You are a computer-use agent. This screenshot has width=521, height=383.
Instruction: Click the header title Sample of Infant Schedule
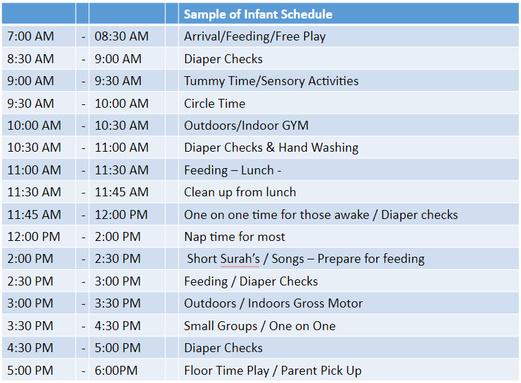[258, 14]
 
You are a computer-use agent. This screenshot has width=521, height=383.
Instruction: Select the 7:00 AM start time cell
[31, 36]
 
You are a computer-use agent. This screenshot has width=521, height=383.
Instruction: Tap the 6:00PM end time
[116, 371]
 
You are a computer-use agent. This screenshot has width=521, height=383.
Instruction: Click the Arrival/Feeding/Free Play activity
[255, 36]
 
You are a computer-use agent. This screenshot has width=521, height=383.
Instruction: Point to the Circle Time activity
[215, 104]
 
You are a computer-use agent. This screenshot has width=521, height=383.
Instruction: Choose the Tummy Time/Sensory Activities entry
[271, 82]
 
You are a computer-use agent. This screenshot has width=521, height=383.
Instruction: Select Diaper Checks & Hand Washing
[271, 148]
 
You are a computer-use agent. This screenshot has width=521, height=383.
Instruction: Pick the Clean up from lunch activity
[240, 192]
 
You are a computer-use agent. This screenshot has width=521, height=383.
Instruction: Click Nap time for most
[235, 237]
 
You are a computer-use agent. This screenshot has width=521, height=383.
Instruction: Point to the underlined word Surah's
[240, 259]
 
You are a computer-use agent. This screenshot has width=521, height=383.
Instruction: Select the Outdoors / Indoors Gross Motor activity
[273, 303]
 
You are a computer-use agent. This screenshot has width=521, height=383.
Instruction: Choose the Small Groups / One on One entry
[260, 326]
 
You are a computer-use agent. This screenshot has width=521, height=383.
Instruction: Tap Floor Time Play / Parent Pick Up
[273, 371]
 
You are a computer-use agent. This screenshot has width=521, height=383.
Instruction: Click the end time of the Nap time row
[117, 237]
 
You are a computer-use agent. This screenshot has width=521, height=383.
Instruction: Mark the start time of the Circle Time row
[31, 104]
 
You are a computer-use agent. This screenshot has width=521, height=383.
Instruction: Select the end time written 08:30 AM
[121, 36]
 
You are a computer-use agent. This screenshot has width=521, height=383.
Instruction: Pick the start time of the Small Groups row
[30, 326]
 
